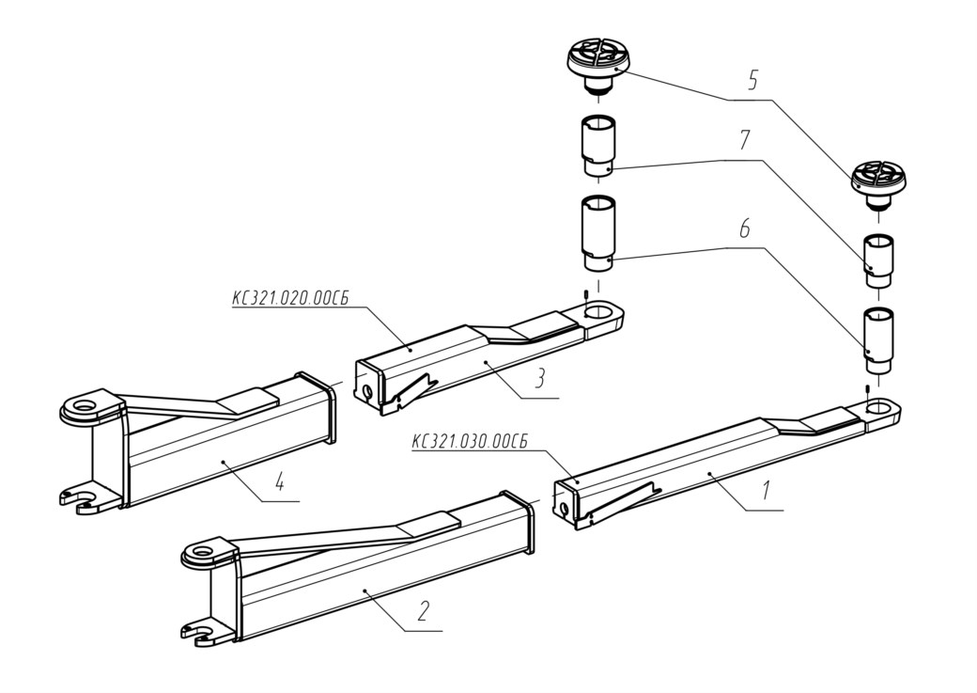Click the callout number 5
[752, 81]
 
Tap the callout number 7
[745, 141]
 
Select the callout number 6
[744, 229]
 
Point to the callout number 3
[539, 378]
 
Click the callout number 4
[280, 480]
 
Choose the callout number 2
[423, 611]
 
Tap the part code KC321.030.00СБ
[469, 441]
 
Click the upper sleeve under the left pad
[598, 146]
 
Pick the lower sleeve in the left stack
[598, 233]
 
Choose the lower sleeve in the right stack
[876, 340]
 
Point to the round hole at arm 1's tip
[878, 408]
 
